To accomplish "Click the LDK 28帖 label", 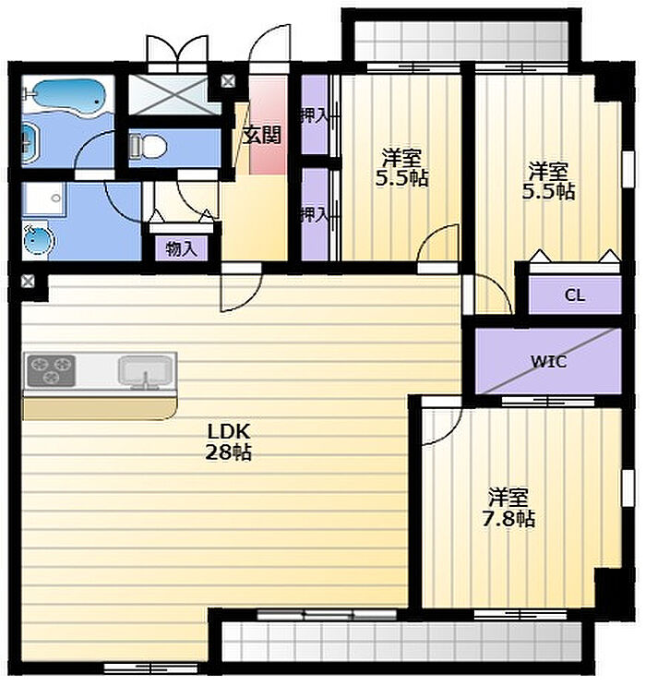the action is pos(228,442).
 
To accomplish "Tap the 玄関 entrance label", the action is pos(262,136).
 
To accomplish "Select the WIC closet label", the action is pos(548,361).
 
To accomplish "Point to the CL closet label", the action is pos(575,295).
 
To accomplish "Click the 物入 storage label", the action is pos(181,249).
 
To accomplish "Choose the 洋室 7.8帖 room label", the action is pos(508,508).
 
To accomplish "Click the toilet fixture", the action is pos(148,145).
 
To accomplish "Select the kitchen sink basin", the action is pos(145,372).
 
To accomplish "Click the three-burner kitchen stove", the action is pos(51,370).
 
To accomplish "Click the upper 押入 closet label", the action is pos(314,115).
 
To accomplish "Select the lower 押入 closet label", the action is pos(314,214).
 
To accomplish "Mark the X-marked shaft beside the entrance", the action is pos(228,81).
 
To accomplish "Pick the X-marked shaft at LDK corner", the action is pos(28,281).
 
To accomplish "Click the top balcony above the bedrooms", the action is pos(461,41).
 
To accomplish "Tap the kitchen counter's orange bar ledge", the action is pos(100,409).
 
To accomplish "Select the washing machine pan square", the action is pos(43,199).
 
